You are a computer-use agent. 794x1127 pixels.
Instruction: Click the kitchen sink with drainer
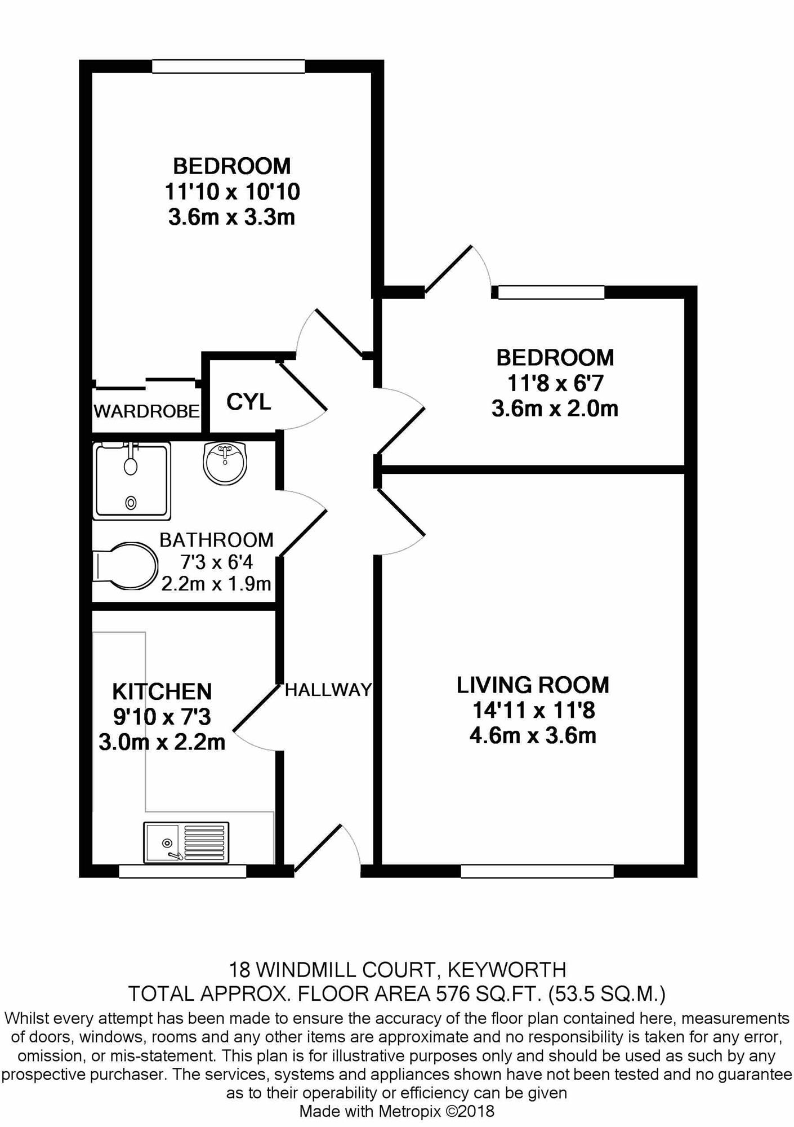pyautogui.click(x=186, y=842)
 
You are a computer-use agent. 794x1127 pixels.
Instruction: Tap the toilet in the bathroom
pyautogui.click(x=125, y=566)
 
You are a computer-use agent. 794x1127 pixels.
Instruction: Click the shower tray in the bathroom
pyautogui.click(x=132, y=481)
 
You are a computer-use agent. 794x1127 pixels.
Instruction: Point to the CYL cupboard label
pyautogui.click(x=248, y=402)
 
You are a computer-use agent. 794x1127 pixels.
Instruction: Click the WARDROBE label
pyautogui.click(x=146, y=411)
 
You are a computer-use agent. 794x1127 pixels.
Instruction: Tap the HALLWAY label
pyautogui.click(x=328, y=690)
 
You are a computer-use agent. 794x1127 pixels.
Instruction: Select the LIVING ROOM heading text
pyautogui.click(x=533, y=685)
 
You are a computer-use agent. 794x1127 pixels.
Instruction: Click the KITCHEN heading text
pyautogui.click(x=162, y=691)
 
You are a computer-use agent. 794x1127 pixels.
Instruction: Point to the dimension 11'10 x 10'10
pyautogui.click(x=232, y=192)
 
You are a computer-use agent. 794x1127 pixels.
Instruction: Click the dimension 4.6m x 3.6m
pyautogui.click(x=533, y=735)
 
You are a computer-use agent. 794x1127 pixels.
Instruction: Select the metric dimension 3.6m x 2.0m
pyautogui.click(x=555, y=408)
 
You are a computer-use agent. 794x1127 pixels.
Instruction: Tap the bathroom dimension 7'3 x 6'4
pyautogui.click(x=217, y=562)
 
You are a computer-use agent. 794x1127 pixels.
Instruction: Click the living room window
pyautogui.click(x=537, y=871)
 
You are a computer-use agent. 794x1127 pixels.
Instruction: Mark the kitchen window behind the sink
pyautogui.click(x=182, y=871)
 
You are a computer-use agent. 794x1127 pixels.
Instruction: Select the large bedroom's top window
pyautogui.click(x=229, y=66)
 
